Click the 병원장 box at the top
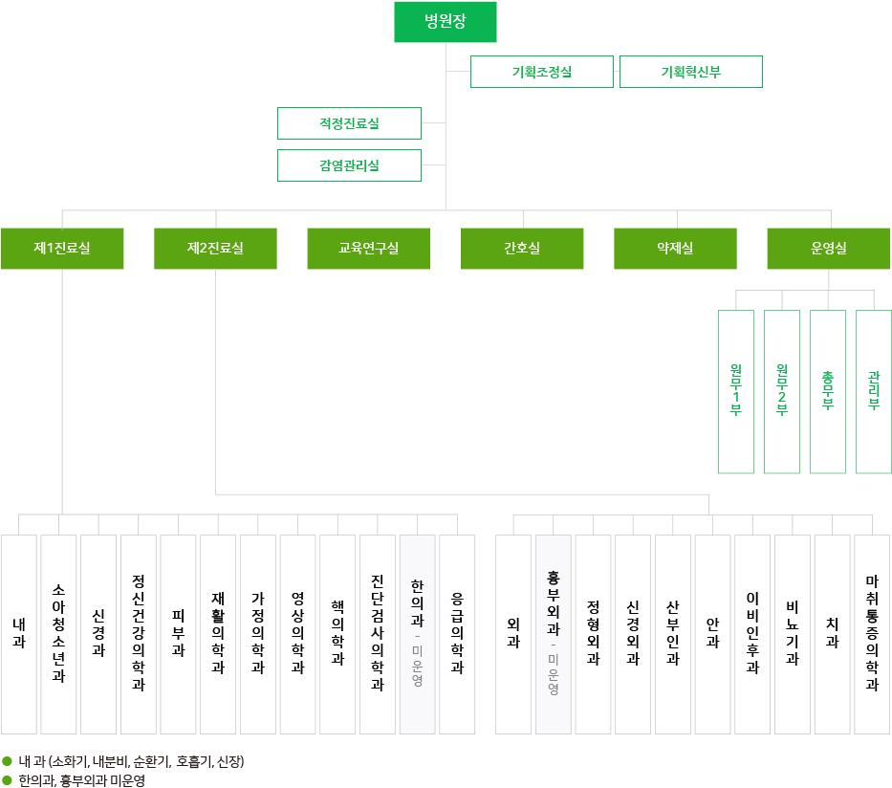pos(446,22)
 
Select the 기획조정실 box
pos(541,72)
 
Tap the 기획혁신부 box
pos(690,72)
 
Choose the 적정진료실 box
pos(349,123)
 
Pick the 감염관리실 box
pos(349,165)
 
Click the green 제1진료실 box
pos(62,249)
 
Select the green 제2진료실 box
pos(215,249)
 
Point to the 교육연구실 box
pos(369,249)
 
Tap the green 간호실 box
pos(522,249)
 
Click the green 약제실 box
pos(675,249)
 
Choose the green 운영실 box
pos(829,249)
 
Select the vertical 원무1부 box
pos(736,391)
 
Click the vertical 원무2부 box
pos(782,391)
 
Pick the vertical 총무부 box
pos(828,391)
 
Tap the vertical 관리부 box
pos(874,391)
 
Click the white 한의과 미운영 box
pos(417,634)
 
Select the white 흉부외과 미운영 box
pos(554,634)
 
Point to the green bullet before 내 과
pos(7,761)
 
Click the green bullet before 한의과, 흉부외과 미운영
pos(7,780)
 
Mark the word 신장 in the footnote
pos(228,762)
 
